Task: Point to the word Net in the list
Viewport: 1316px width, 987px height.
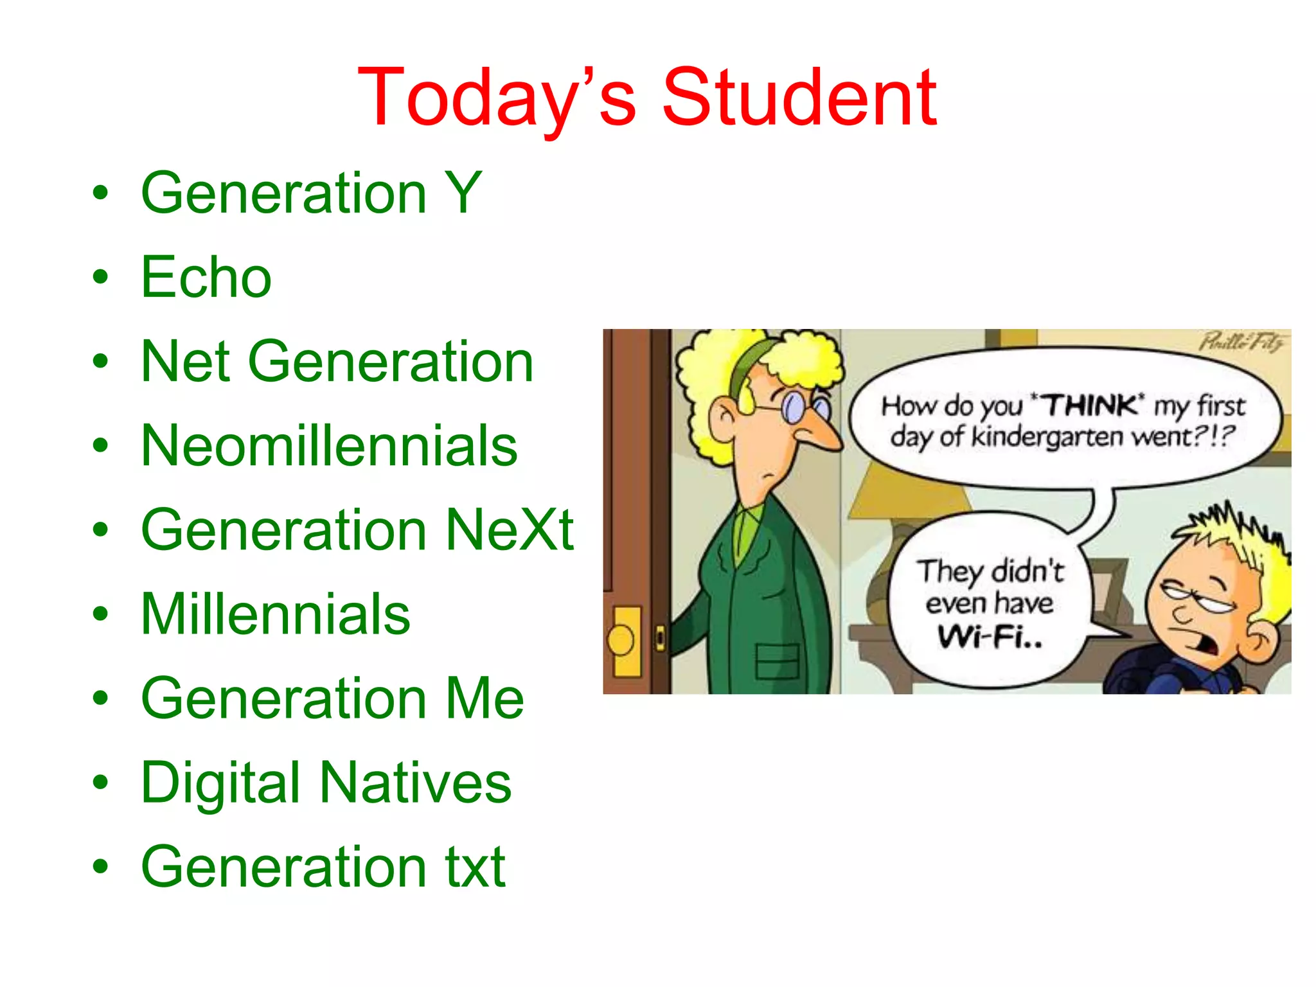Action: tap(186, 362)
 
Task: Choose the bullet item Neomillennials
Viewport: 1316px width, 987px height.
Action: tap(329, 446)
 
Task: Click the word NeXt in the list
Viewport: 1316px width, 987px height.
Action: tap(510, 530)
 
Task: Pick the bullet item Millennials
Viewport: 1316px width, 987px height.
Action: tap(275, 614)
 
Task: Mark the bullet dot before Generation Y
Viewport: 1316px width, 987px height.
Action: tap(100, 193)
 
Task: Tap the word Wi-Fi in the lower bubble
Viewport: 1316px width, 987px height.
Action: tap(990, 637)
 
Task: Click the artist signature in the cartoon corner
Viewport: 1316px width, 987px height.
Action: tap(1243, 341)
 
